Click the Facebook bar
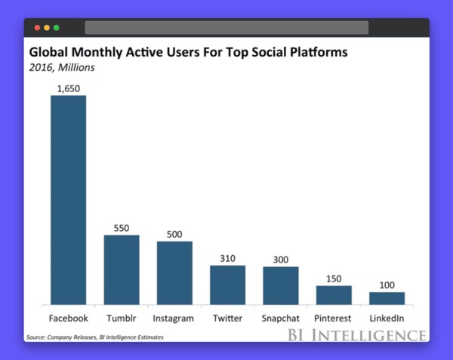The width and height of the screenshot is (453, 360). click(68, 200)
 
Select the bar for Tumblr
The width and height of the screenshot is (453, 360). click(122, 269)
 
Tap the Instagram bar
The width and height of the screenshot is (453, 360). click(174, 273)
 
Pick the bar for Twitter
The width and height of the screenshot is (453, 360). click(227, 285)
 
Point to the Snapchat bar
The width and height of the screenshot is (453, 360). click(281, 286)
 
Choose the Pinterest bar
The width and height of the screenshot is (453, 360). click(334, 295)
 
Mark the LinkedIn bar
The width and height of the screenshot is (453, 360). click(387, 298)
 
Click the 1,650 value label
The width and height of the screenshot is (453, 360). click(68, 88)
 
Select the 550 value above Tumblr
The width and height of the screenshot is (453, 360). click(122, 228)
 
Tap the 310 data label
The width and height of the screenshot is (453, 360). click(227, 258)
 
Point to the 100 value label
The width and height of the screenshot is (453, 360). click(387, 285)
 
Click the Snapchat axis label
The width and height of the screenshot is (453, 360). click(281, 318)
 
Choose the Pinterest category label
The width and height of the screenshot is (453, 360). click(334, 318)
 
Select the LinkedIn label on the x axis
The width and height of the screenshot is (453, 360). click(387, 318)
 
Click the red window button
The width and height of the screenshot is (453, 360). click(37, 28)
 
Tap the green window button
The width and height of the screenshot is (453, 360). click(56, 28)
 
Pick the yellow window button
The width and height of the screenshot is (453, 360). click(47, 28)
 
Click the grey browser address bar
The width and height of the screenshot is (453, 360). click(226, 28)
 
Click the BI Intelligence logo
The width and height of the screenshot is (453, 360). click(357, 335)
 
